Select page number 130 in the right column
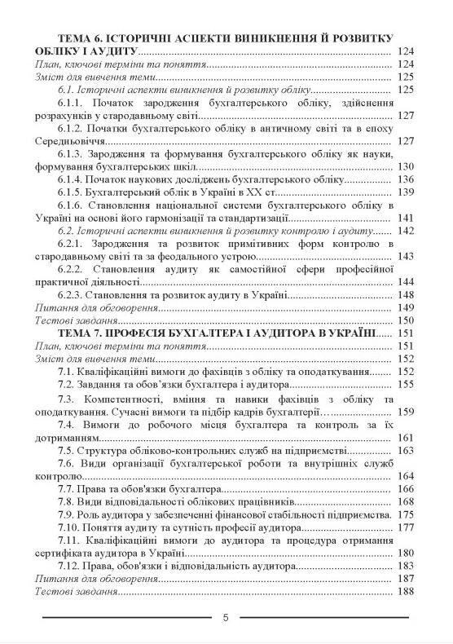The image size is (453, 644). (407, 165)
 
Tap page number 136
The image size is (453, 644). (407, 179)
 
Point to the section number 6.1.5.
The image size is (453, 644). (72, 191)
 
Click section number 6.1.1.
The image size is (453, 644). (72, 103)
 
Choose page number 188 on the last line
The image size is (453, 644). (407, 591)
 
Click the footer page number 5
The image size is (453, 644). (226, 617)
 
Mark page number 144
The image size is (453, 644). (407, 281)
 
